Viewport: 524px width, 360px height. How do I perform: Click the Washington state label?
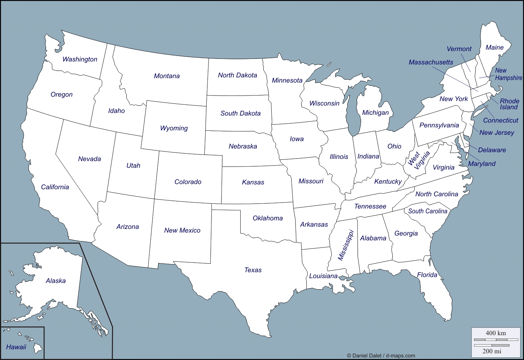pos(80,59)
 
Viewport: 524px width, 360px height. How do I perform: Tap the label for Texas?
pos(253,270)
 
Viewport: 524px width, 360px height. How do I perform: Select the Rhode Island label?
pos(509,104)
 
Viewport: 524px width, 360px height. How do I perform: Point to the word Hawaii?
pos(16,347)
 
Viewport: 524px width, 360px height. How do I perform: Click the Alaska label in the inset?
pos(56,281)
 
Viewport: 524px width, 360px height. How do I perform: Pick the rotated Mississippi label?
pos(346,245)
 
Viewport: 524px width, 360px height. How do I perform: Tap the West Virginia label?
pos(418,160)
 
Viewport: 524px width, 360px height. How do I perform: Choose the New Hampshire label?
pos(508,74)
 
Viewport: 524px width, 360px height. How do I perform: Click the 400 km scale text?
pos(495,333)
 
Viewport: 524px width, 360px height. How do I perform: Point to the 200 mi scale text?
pos(492,351)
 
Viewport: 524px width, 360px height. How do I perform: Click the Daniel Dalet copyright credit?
pos(381,356)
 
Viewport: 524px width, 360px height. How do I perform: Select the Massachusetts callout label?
pos(431,62)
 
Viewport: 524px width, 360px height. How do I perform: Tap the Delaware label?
pos(492,150)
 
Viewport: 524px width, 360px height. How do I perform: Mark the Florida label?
pos(427,275)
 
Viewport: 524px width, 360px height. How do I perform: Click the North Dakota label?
pos(237,75)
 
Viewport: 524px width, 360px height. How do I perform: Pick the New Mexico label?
pos(182,230)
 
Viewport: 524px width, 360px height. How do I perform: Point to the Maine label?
pos(494,47)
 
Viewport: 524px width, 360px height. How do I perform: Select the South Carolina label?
pos(428,211)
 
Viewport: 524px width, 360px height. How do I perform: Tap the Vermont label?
pos(459,49)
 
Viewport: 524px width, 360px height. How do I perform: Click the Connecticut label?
pos(500,120)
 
